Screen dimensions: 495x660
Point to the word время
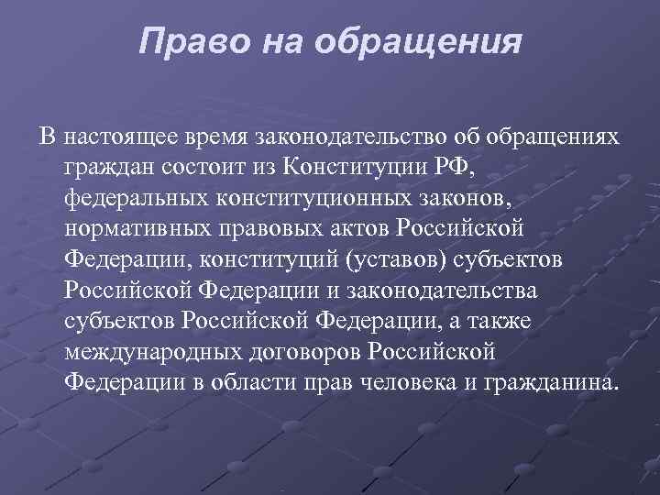[223, 137]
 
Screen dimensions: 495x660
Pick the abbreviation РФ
[474, 168]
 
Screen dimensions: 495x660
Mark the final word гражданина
[548, 381]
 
